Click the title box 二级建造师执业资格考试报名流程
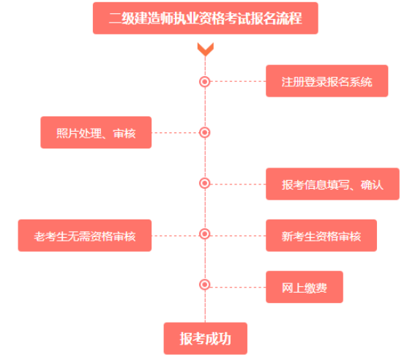click(205, 18)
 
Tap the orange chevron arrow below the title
click(205, 49)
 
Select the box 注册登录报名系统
click(326, 81)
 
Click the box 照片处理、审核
click(96, 132)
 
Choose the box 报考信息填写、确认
click(332, 184)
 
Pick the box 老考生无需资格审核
click(85, 236)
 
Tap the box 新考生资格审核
click(321, 236)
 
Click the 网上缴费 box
click(305, 287)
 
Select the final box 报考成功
click(205, 339)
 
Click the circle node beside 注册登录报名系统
click(205, 81)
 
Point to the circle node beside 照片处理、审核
click(205, 132)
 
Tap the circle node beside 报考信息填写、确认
click(205, 183)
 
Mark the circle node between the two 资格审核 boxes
click(205, 233)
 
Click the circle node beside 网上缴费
click(205, 285)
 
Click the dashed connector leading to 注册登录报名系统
click(238, 81)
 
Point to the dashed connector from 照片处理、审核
click(176, 132)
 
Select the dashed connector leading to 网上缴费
click(238, 288)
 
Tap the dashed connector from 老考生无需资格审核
click(176, 236)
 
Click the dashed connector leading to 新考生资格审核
click(238, 236)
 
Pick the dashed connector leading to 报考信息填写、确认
click(238, 184)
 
